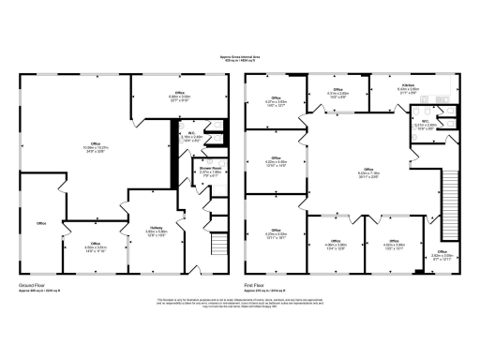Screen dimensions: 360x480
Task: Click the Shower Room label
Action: coord(210,170)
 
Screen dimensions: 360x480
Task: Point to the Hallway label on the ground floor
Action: coord(156,227)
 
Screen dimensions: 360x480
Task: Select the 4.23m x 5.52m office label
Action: coord(277,222)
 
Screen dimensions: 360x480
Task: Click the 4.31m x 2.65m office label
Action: coord(337,93)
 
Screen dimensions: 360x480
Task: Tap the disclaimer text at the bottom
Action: coord(240,301)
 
